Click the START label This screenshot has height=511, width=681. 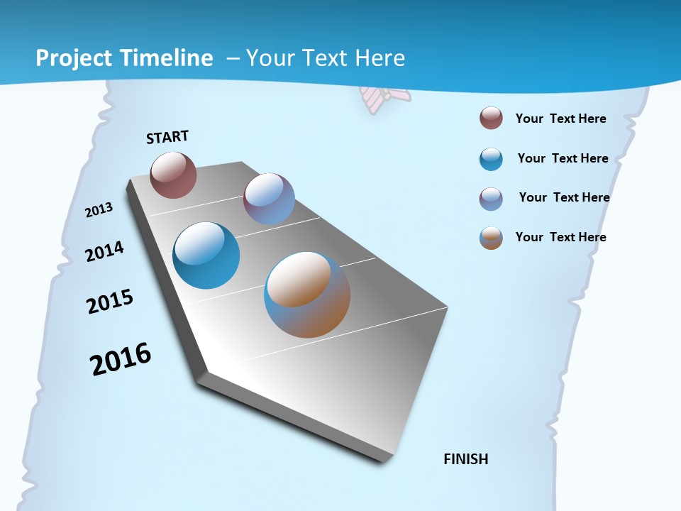pos(167,137)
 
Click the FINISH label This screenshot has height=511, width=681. pos(466,459)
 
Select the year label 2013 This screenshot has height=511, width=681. pos(99,209)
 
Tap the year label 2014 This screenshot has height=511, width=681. pos(105,251)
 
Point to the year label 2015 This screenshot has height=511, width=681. pos(110,302)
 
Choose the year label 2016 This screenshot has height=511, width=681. pos(121,359)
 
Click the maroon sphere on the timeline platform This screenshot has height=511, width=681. pos(173,175)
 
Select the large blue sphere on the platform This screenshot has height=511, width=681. pos(206,255)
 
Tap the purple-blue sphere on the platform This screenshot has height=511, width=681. pos(269,199)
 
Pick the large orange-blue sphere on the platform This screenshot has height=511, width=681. pos(307,295)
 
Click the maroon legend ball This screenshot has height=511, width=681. pos(491,119)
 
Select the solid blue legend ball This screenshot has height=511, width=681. pos(491,159)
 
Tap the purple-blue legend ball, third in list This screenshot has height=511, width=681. pos(491,199)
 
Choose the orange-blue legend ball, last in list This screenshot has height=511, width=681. pos(491,238)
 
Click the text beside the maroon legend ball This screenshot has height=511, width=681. pos(560,119)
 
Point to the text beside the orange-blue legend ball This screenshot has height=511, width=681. pos(560,237)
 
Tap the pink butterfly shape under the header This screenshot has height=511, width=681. pos(384,98)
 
